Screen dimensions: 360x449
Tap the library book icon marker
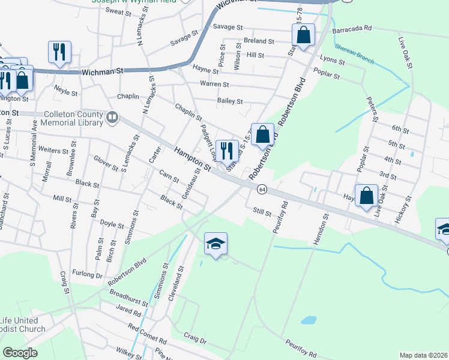(x=112, y=119)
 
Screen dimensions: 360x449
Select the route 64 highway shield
(x=262, y=189)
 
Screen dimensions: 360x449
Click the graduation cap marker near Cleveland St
(x=215, y=244)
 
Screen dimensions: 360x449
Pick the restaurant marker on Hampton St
(x=226, y=150)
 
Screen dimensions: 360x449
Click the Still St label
(x=262, y=211)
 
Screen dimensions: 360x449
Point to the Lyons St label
(x=333, y=61)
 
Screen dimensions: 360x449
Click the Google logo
(x=20, y=352)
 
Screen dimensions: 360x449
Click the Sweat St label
(x=118, y=12)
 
